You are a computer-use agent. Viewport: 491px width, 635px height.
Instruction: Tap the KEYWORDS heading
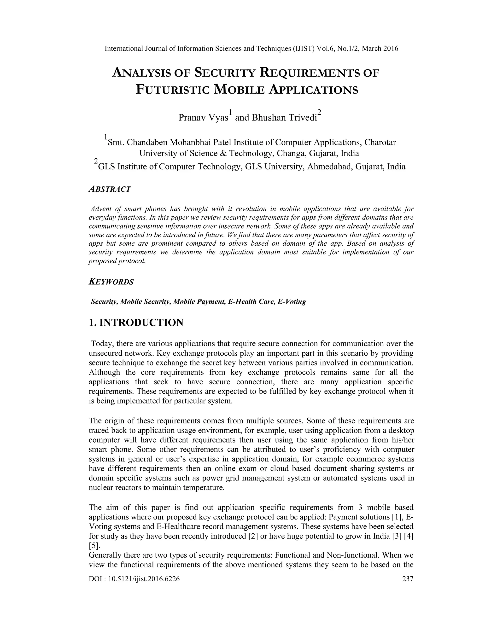(x=111, y=282)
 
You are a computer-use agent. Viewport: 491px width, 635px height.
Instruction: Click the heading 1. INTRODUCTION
(x=136, y=323)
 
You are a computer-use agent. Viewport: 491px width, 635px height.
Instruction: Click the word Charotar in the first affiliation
(x=380, y=143)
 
